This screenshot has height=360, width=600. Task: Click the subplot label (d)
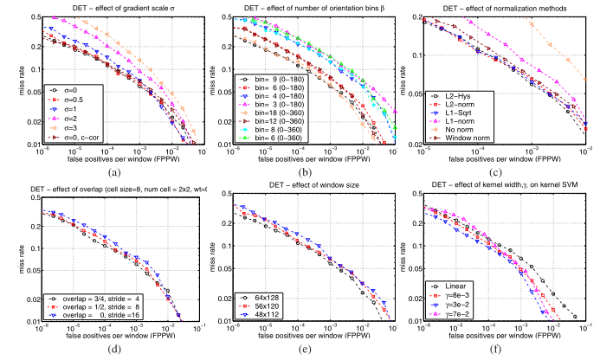pos(114,353)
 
